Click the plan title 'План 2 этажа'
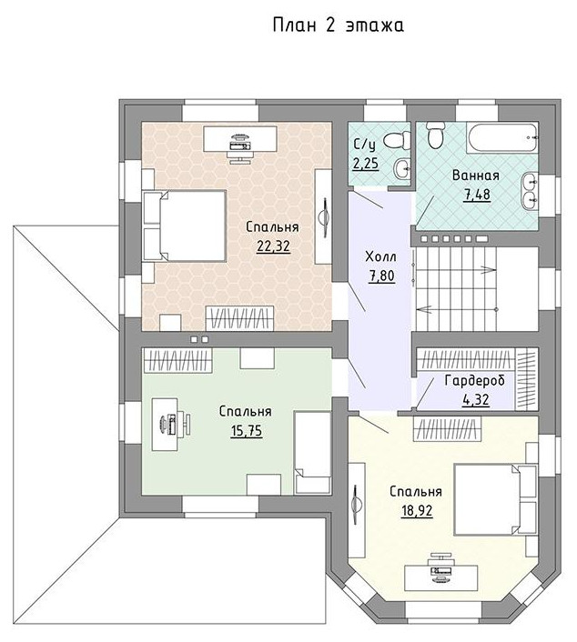pyautogui.click(x=338, y=25)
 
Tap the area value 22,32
pyautogui.click(x=273, y=246)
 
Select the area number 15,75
pyautogui.click(x=246, y=431)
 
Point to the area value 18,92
pyautogui.click(x=417, y=510)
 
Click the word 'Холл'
pyautogui.click(x=380, y=257)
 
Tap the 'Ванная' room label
pyautogui.click(x=476, y=176)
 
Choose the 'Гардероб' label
pyautogui.click(x=475, y=380)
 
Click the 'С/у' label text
pyautogui.click(x=364, y=145)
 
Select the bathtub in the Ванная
pyautogui.click(x=502, y=138)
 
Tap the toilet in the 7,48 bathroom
pyautogui.click(x=435, y=135)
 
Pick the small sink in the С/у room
pyautogui.click(x=402, y=168)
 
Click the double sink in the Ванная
pyautogui.click(x=530, y=191)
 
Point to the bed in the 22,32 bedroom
pyautogui.click(x=184, y=226)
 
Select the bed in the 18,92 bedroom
pyautogui.click(x=496, y=499)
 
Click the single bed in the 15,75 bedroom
pyautogui.click(x=313, y=453)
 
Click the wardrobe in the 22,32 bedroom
pyautogui.click(x=239, y=318)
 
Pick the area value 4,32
pyautogui.click(x=475, y=399)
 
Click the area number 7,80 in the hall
pyautogui.click(x=381, y=276)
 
